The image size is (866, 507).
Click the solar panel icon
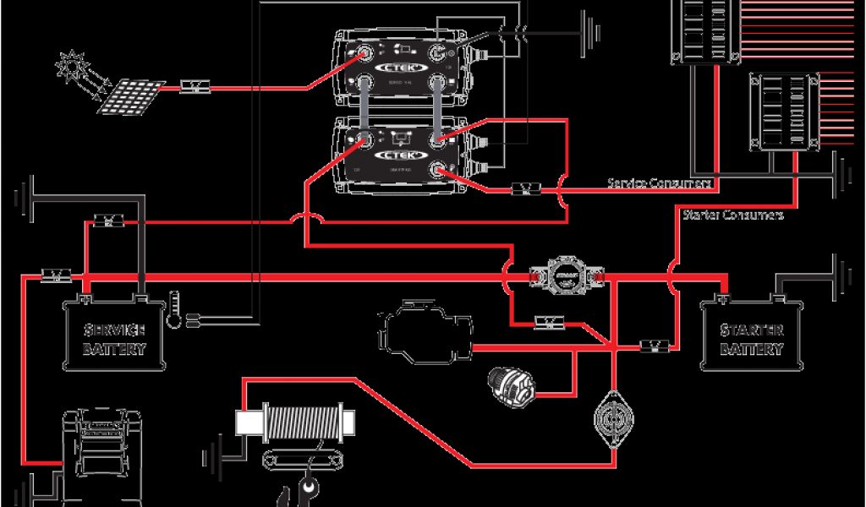tap(130, 96)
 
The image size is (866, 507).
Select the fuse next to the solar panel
tap(196, 86)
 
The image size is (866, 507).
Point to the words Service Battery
tap(114, 338)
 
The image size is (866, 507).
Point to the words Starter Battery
tap(752, 338)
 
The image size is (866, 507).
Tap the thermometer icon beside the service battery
tap(174, 308)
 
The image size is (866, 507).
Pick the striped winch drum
tap(303, 421)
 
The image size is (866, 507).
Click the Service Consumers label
tap(659, 183)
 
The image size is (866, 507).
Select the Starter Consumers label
tap(732, 215)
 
